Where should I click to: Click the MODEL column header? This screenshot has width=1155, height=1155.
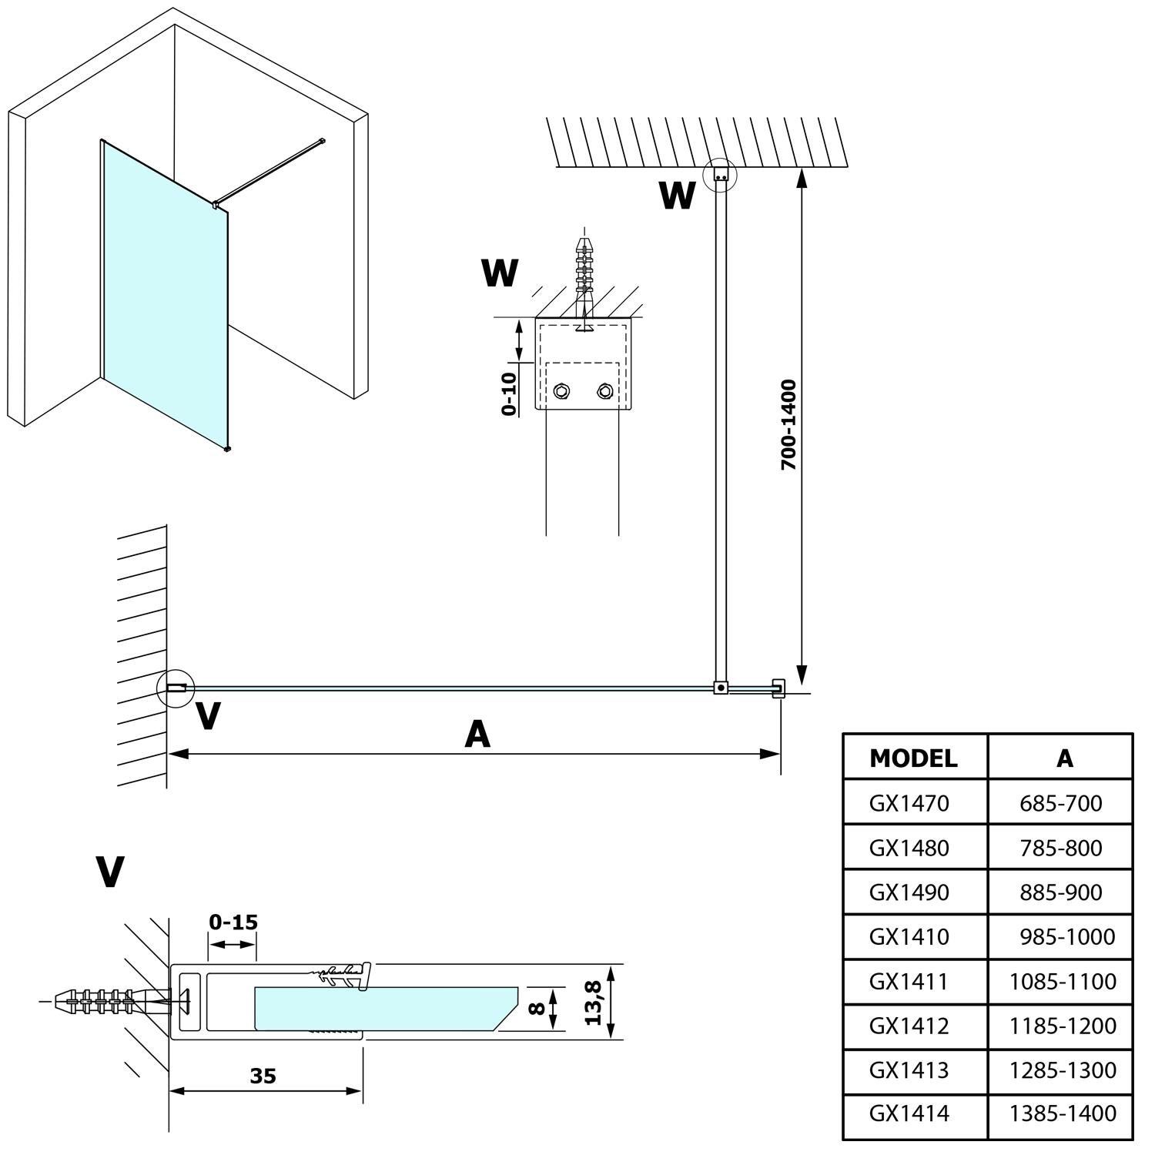(x=913, y=758)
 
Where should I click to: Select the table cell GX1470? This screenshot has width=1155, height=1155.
(x=909, y=803)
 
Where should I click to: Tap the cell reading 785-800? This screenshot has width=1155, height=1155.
(x=1060, y=848)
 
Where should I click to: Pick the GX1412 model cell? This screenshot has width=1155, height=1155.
(x=909, y=1026)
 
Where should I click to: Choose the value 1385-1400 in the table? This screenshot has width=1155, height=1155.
(x=1063, y=1113)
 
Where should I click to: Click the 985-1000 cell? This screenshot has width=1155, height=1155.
(x=1067, y=937)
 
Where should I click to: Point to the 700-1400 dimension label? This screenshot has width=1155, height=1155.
(x=788, y=425)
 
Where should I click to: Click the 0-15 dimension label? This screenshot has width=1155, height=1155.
(x=233, y=922)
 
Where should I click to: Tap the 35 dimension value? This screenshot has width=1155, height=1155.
(x=263, y=1076)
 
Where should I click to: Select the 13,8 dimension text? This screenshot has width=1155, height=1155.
(x=593, y=1003)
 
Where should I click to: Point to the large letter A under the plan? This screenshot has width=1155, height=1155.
(x=477, y=735)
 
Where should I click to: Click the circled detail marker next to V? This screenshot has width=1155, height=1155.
(x=176, y=688)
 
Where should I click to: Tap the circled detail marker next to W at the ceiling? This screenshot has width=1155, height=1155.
(x=721, y=176)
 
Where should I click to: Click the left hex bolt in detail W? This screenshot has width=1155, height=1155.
(x=561, y=392)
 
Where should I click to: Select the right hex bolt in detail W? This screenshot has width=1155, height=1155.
(x=604, y=392)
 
